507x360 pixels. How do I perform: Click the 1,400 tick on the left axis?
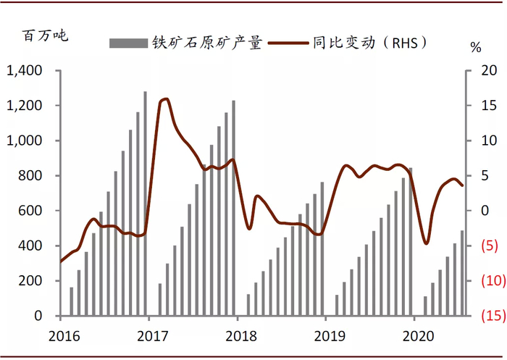25,71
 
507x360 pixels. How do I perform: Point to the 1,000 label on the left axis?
26,141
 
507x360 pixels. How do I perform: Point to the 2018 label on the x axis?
237,337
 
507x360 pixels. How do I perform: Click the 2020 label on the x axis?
414,337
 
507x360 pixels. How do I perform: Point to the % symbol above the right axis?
476,48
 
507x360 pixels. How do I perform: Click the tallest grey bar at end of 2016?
145,204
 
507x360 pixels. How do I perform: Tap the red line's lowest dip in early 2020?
427,243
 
